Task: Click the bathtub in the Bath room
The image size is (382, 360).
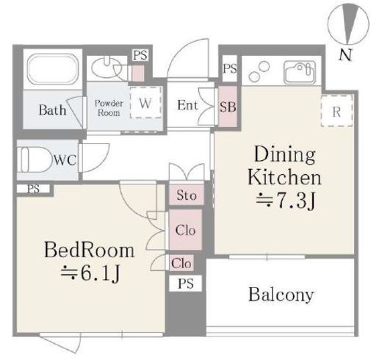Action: (53, 69)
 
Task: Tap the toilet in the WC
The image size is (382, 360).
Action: (36, 159)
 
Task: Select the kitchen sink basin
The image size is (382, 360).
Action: (300, 72)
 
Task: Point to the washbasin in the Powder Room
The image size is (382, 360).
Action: (107, 67)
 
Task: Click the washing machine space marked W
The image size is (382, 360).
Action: (145, 102)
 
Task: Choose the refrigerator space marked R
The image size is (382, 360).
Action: (336, 111)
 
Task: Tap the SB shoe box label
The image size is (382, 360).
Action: (228, 107)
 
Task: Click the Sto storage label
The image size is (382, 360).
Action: (187, 195)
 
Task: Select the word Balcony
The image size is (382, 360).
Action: (281, 295)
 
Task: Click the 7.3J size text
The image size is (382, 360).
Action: (286, 201)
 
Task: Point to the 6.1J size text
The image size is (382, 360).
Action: (90, 273)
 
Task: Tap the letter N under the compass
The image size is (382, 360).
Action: (345, 54)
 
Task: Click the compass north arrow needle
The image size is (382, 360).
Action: (350, 23)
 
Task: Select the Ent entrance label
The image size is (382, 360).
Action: (187, 105)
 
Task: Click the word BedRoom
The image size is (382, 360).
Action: (89, 250)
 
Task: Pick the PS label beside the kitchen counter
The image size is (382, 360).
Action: (230, 68)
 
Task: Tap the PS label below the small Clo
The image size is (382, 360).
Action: (186, 284)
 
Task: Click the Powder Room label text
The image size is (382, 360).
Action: (109, 108)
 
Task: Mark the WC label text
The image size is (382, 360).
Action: (65, 160)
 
